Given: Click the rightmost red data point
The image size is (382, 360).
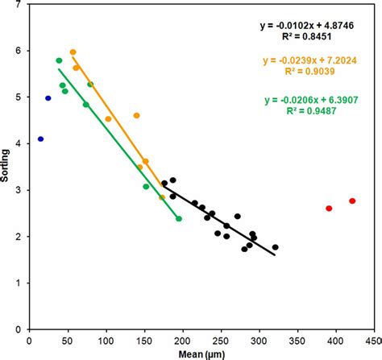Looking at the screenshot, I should point(352,201).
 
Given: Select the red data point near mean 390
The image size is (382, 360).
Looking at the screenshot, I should point(329,209).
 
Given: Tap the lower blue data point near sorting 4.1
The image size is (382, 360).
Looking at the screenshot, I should point(40,139).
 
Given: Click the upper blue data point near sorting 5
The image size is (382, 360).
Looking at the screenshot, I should point(48,98).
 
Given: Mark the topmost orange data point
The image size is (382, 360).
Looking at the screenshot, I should point(73,52).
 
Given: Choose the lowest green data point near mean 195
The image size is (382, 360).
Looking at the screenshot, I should point(179,219).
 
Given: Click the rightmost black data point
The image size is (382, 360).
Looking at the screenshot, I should point(275,247).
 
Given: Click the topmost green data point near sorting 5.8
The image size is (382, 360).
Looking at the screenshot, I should point(59,61).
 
